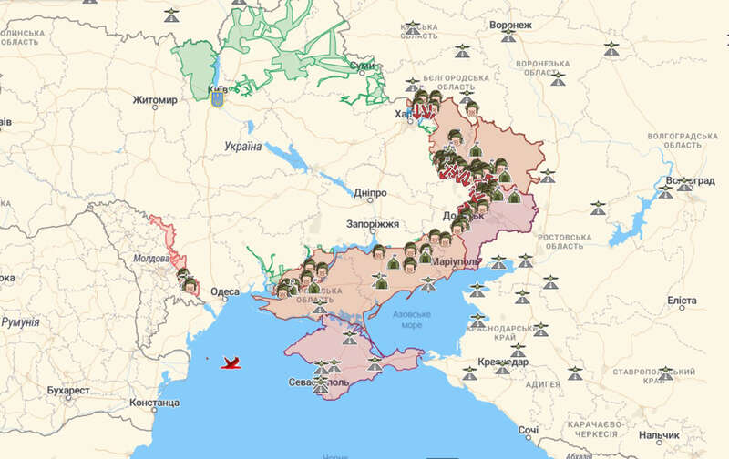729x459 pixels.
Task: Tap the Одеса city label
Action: point(225,292)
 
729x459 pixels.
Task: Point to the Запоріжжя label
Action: point(373,224)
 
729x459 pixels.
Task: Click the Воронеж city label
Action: point(508,24)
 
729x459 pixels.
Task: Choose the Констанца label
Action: point(154,402)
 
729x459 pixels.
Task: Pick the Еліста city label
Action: point(683,300)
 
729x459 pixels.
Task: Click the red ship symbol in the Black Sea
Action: point(233,364)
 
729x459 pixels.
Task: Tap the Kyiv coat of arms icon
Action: point(218,95)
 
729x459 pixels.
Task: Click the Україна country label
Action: point(242,146)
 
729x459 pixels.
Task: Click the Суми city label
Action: point(362,66)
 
